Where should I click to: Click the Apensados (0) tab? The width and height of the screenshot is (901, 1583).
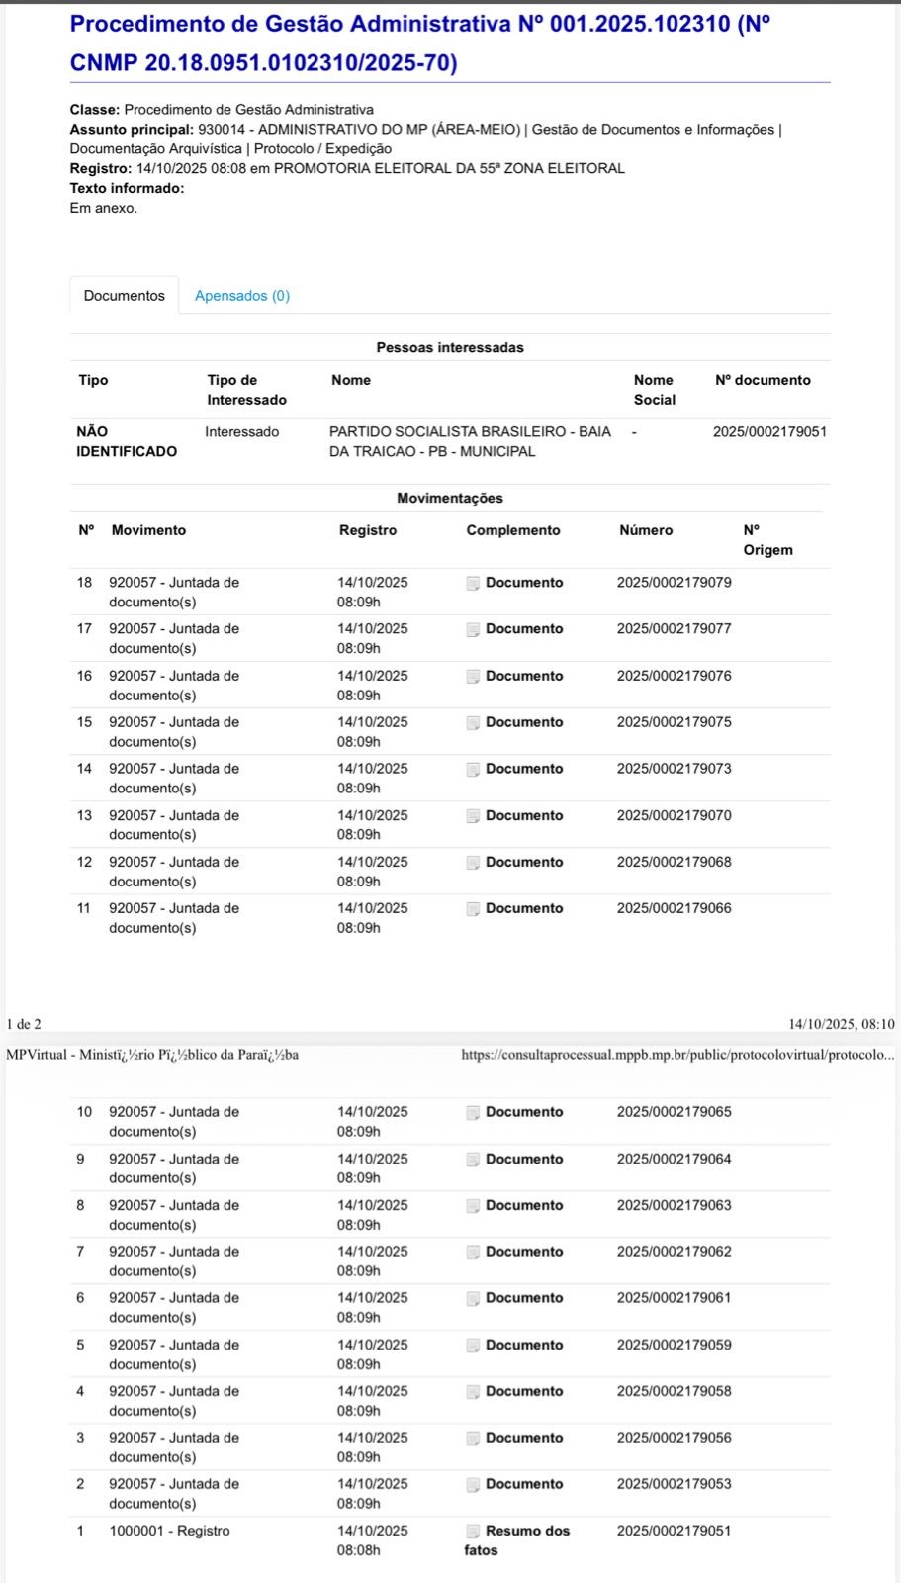(242, 296)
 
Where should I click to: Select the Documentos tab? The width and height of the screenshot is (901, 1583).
(125, 296)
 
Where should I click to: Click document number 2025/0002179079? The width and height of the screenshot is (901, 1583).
(674, 583)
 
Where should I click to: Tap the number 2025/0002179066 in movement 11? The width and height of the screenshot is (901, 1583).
(674, 908)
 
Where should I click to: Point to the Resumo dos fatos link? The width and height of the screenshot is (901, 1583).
(517, 1539)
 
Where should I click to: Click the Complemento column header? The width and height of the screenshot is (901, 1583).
(512, 530)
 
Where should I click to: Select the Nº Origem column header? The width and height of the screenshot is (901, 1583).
(767, 540)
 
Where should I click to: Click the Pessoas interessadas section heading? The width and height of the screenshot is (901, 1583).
(450, 348)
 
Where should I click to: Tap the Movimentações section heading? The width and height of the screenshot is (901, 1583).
(450, 499)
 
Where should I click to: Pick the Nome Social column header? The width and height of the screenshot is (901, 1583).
(654, 390)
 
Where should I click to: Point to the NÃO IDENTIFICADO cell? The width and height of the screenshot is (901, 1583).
(127, 441)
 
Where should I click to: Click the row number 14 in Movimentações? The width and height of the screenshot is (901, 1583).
(85, 769)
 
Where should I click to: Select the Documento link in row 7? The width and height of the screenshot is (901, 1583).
(523, 1252)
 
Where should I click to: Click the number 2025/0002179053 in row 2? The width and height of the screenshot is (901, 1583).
(674, 1484)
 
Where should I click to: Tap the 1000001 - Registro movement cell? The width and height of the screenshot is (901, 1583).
(169, 1531)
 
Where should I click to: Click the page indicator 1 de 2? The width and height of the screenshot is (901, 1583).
(24, 1024)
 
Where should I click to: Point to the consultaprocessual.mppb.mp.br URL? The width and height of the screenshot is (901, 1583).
(677, 1055)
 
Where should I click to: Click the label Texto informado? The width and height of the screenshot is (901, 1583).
(127, 188)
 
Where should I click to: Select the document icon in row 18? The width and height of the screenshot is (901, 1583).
(473, 584)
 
